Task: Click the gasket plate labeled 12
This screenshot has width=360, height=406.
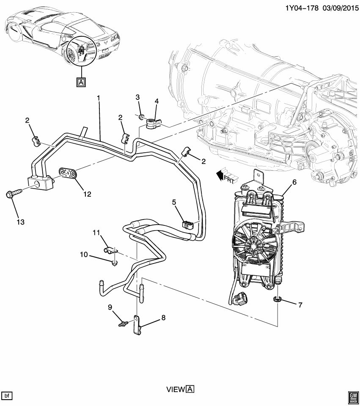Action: [x=69, y=174]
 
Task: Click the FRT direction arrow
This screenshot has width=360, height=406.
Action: [x=225, y=175]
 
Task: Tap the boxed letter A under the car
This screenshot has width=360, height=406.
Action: [x=80, y=82]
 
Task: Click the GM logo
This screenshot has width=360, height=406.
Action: [x=352, y=395]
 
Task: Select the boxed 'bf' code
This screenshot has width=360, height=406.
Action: [x=7, y=395]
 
